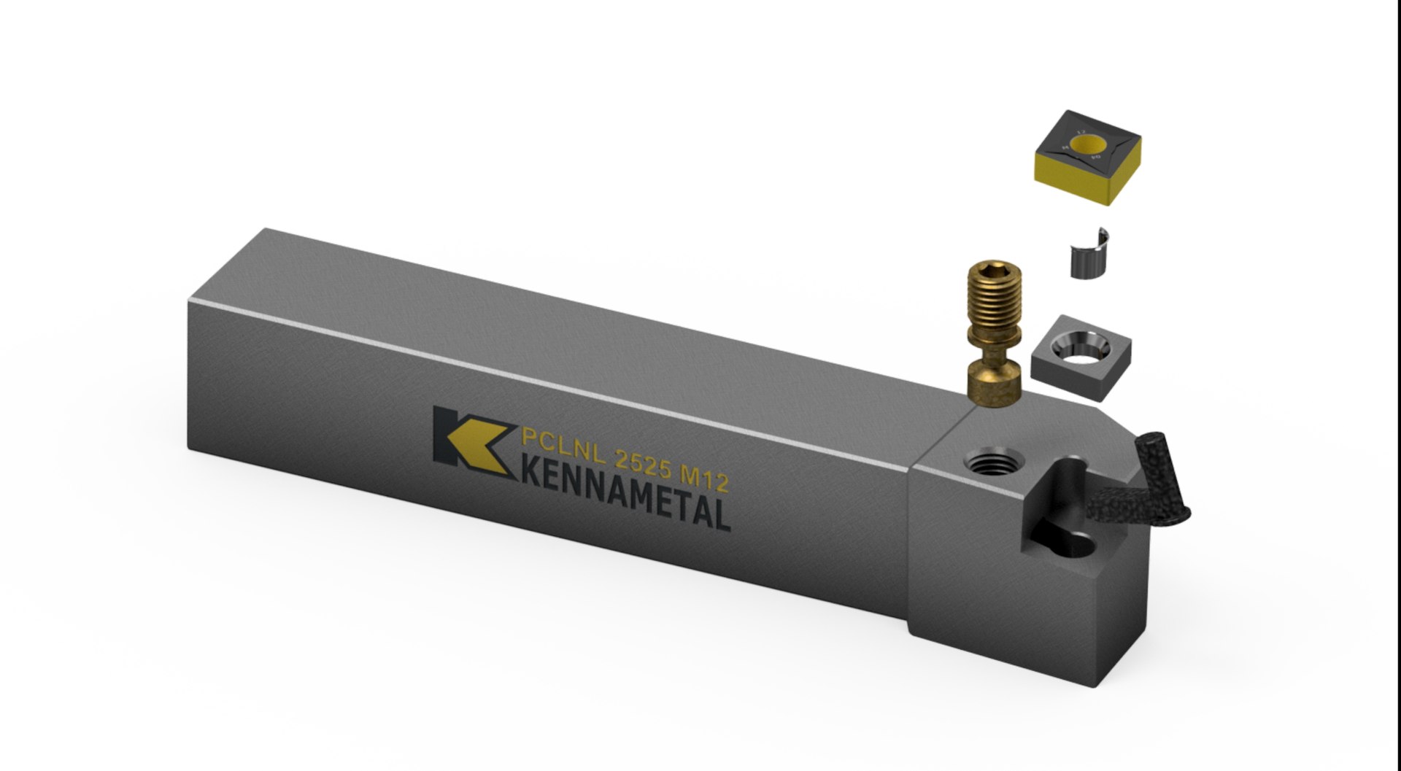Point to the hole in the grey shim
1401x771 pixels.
point(1084,349)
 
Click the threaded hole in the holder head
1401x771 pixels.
point(988,460)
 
